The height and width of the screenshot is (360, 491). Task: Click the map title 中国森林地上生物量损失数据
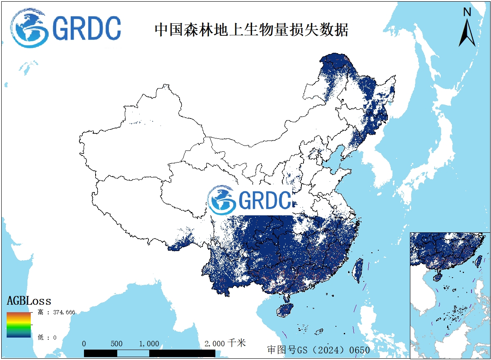[251, 30]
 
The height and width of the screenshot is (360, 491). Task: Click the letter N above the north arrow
[467, 12]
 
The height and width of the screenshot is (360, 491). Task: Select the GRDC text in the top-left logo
[87, 28]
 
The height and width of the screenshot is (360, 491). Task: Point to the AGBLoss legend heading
[29, 301]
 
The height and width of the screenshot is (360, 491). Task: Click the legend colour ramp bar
[19, 324]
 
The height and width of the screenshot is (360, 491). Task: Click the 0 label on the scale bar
[84, 344]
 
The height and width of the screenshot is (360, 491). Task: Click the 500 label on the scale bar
[117, 344]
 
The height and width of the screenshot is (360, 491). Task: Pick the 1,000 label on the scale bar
[149, 344]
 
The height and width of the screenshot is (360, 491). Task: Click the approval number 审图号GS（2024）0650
[318, 350]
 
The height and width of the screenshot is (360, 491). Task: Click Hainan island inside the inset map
[438, 276]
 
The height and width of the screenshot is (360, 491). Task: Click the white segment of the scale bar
[133, 353]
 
